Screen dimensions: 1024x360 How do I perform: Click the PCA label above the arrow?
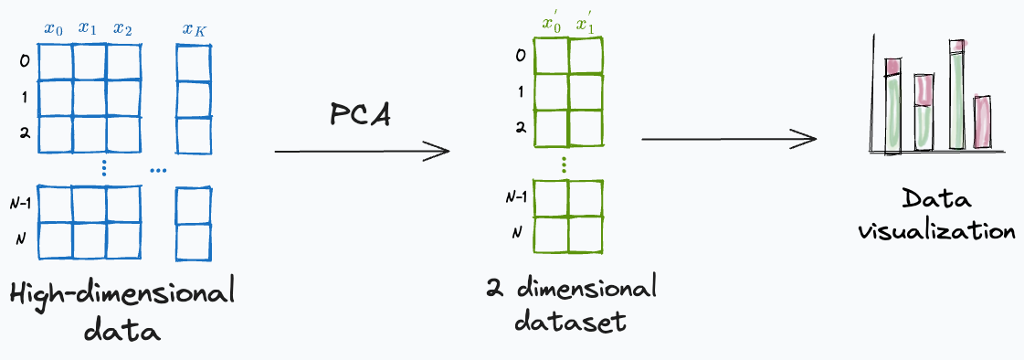(x=360, y=115)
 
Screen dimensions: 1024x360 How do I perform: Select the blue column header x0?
(x=55, y=28)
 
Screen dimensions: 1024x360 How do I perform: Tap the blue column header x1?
(x=88, y=28)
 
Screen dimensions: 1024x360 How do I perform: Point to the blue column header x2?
(x=123, y=28)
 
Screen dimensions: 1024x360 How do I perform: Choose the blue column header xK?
(x=194, y=29)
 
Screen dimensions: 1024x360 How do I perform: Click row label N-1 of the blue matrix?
(x=25, y=205)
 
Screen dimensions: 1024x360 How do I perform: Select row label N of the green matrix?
(x=517, y=232)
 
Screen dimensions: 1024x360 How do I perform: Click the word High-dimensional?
(x=122, y=294)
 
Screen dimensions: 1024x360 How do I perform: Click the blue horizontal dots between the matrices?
(x=158, y=170)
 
